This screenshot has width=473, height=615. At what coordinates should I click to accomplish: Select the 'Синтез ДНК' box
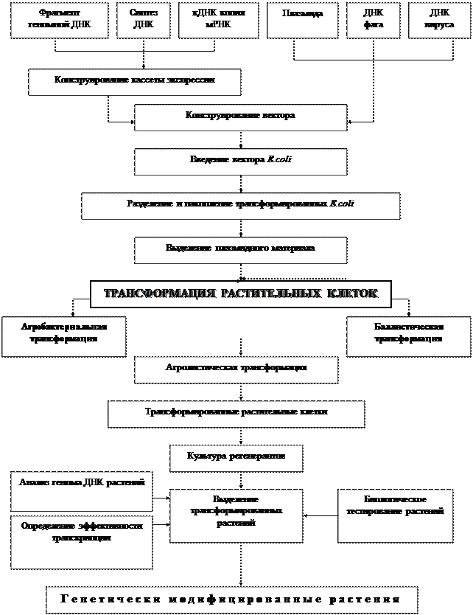(x=141, y=20)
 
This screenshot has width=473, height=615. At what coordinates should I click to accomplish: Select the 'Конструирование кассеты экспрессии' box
(x=134, y=82)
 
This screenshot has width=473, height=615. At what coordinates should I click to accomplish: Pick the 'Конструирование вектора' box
(x=240, y=117)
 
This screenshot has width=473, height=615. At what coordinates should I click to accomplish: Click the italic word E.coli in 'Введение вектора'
(x=281, y=160)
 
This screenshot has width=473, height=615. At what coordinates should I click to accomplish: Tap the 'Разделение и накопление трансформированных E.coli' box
(x=240, y=206)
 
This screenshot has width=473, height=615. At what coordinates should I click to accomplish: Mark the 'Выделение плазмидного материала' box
(x=240, y=250)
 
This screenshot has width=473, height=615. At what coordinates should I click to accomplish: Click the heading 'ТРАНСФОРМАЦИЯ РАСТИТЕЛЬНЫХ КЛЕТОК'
(x=240, y=293)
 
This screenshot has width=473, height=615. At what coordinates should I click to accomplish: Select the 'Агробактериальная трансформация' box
(x=63, y=336)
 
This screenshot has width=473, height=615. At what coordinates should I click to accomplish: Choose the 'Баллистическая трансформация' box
(x=407, y=336)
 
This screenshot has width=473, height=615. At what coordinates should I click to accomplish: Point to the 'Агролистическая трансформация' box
(x=236, y=369)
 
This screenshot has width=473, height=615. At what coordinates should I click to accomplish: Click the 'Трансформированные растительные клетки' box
(x=236, y=414)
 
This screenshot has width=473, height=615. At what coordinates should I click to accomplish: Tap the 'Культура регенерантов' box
(x=236, y=457)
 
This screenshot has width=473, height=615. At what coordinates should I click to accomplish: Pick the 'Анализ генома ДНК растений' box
(x=81, y=491)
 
